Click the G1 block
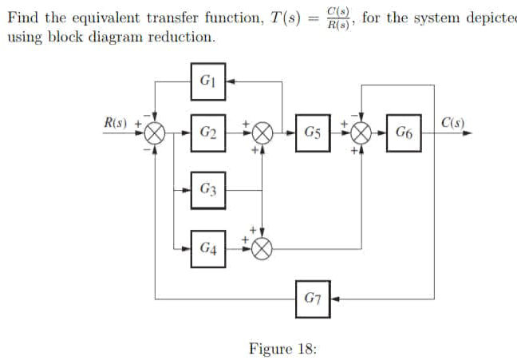pyautogui.click(x=208, y=81)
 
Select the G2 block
pyautogui.click(x=208, y=132)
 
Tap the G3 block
pyautogui.click(x=208, y=190)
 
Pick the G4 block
pyautogui.click(x=208, y=248)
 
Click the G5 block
pyautogui.click(x=312, y=132)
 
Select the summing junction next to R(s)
pyautogui.click(x=156, y=133)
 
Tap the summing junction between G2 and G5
pyautogui.click(x=263, y=133)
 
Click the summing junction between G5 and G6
pyautogui.click(x=363, y=133)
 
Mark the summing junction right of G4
pyautogui.click(x=263, y=248)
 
